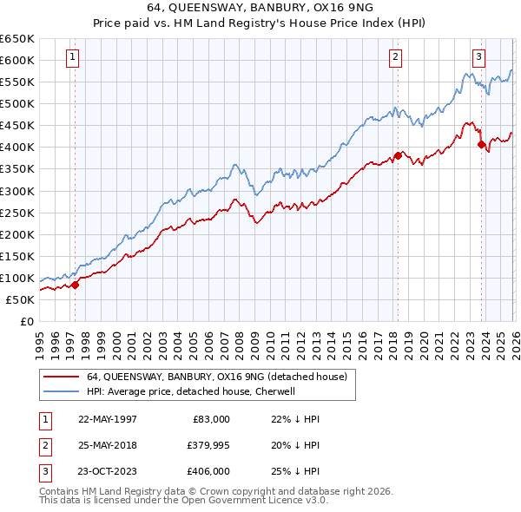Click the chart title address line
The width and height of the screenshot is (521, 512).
point(260,8)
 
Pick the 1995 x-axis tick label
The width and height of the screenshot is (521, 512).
point(40,340)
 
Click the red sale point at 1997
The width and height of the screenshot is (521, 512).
point(76,284)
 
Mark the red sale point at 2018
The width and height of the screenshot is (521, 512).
point(398,155)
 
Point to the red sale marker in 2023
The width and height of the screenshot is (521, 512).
point(480,144)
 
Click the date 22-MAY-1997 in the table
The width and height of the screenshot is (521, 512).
point(107,419)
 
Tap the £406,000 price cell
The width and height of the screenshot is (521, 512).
point(208,471)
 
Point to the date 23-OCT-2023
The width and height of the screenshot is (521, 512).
point(107,471)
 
